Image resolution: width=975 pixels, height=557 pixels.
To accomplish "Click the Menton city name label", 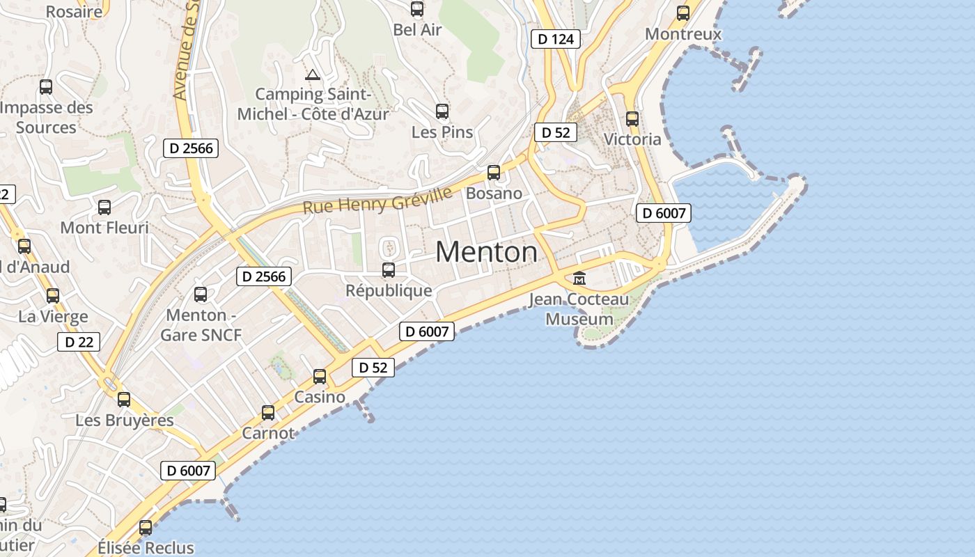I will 486,252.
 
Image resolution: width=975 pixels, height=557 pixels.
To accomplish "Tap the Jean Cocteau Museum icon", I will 579,278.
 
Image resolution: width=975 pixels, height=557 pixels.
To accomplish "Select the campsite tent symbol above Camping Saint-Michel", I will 313,75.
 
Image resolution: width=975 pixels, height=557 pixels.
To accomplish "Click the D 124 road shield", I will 556,39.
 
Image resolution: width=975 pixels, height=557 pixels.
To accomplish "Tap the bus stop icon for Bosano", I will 494,172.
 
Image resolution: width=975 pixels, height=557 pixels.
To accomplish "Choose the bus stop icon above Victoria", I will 632,119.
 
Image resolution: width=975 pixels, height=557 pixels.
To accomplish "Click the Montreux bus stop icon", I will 683,13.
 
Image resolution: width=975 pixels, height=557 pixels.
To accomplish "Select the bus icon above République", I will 389,270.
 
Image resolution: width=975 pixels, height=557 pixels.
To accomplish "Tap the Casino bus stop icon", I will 320,377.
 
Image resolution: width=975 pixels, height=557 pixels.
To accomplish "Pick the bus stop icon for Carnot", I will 268,413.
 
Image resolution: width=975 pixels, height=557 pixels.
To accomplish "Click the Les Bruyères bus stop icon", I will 124,400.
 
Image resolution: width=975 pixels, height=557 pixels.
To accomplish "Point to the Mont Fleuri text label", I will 104,228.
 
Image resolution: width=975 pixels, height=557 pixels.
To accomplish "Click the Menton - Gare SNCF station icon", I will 201,295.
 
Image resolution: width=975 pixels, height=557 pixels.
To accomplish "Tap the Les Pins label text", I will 442,132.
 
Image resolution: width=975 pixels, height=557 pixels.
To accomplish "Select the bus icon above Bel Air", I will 417,9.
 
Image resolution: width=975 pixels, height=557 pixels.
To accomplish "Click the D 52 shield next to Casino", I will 373,368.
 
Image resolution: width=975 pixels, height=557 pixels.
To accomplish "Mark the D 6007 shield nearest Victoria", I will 664,213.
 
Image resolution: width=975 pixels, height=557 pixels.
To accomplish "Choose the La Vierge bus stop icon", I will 53,296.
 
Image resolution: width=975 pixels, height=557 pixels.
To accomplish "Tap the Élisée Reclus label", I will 146,547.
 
